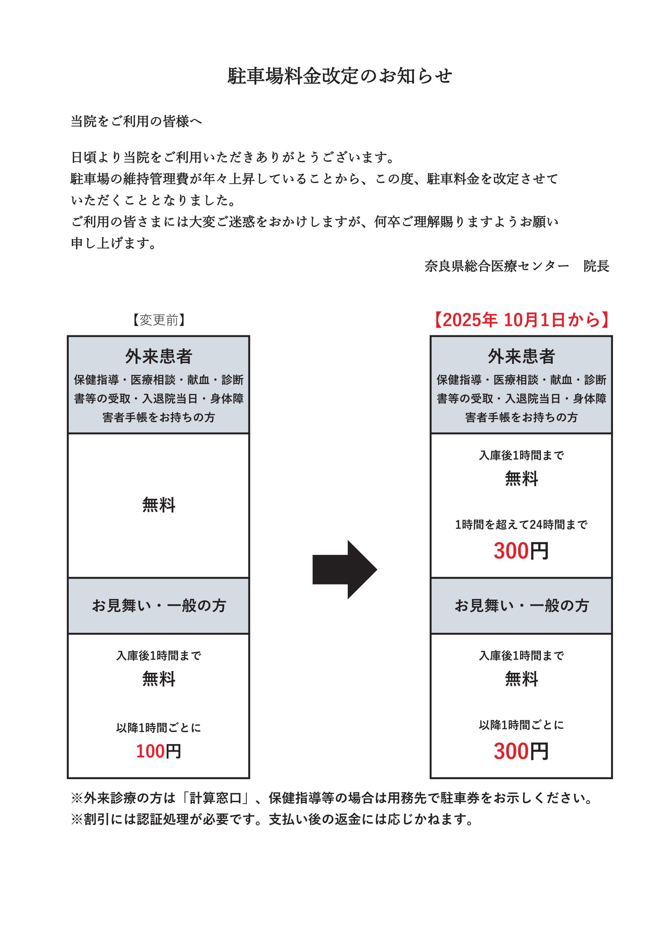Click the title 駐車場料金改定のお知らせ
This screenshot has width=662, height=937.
click(340, 76)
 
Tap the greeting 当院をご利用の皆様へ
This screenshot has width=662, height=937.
click(136, 121)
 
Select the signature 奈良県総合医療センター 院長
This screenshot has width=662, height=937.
click(517, 266)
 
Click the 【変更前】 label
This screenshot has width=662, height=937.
click(158, 320)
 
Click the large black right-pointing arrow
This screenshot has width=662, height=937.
click(344, 570)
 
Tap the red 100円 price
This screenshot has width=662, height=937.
click(158, 751)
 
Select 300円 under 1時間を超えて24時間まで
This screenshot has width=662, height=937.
click(521, 551)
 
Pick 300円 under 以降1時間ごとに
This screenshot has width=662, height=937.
click(521, 751)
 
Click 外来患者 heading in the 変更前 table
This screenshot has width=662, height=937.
click(158, 356)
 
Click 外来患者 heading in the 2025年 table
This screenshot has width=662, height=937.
click(521, 356)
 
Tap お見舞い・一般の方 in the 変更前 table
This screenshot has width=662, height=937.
click(158, 606)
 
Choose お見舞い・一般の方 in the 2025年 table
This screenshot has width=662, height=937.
click(521, 606)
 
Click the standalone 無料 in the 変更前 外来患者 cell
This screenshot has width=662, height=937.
click(158, 505)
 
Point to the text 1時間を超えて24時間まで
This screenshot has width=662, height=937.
click(521, 525)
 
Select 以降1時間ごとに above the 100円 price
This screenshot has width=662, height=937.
click(158, 728)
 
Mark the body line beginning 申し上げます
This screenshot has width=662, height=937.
click(113, 243)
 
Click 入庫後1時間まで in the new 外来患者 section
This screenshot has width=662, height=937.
click(521, 455)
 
